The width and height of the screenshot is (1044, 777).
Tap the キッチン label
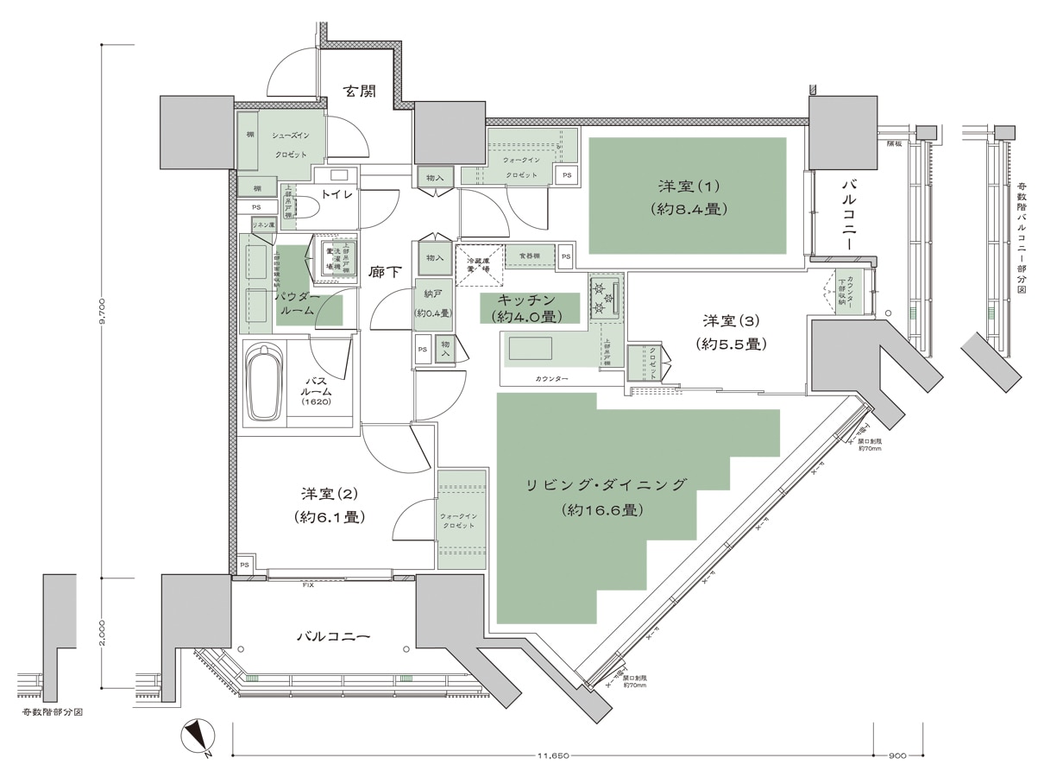(x=530, y=307)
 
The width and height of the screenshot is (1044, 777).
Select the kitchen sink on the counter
(x=530, y=348)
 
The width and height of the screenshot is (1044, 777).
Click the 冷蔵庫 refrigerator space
(x=479, y=265)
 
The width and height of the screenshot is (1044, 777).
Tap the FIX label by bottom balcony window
(x=307, y=584)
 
